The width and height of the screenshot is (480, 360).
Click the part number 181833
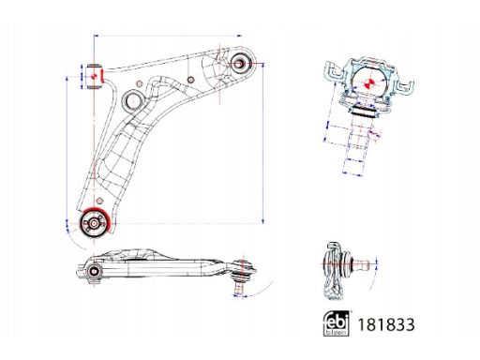point(386,324)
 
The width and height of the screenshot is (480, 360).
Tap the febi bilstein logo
point(337,323)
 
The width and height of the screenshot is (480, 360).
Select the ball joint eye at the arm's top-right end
point(239,64)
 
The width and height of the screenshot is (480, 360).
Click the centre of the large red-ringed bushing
point(94,223)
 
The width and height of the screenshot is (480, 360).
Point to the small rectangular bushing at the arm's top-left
point(94,76)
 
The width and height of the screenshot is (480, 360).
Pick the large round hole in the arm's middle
point(133,100)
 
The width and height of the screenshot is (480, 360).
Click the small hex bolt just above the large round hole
point(140,83)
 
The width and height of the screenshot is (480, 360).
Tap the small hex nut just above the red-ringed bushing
point(99,201)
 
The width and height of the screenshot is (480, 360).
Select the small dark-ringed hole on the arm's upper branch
point(190,80)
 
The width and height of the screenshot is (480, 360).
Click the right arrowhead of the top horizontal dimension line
point(240,36)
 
